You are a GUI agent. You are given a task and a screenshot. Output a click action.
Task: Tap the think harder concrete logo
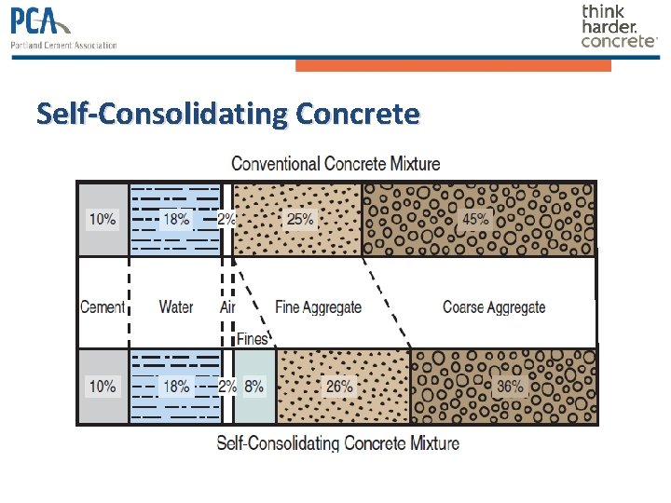coord(618,26)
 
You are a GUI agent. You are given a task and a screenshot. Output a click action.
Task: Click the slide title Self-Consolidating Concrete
coord(228,115)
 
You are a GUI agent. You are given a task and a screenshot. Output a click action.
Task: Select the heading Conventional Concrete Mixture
coord(335,164)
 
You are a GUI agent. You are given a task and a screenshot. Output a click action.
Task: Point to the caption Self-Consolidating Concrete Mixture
coord(337,442)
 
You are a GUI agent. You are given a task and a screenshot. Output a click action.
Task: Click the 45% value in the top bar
coord(476,220)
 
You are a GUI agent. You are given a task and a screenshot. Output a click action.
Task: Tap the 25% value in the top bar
coord(300,220)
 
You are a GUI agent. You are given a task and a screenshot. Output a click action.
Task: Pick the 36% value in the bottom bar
coord(509,387)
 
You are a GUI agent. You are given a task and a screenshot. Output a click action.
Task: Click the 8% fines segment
coord(253,387)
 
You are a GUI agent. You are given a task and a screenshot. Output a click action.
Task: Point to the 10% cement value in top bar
coord(103,220)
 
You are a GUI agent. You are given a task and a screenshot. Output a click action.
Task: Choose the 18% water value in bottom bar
coord(177,387)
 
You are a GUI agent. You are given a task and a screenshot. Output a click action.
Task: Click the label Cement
coord(103,307)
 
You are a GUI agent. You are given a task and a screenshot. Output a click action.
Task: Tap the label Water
coord(176,307)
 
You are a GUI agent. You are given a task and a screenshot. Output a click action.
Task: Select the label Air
coord(227,307)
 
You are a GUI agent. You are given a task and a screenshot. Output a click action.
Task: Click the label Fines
coord(252,339)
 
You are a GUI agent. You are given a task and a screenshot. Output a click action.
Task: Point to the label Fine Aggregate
coord(319,307)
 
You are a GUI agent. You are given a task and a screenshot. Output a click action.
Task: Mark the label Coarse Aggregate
coord(494,307)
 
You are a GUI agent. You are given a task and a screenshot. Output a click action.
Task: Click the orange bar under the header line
coord(453,65)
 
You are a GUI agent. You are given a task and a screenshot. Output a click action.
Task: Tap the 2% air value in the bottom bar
coord(226,387)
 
